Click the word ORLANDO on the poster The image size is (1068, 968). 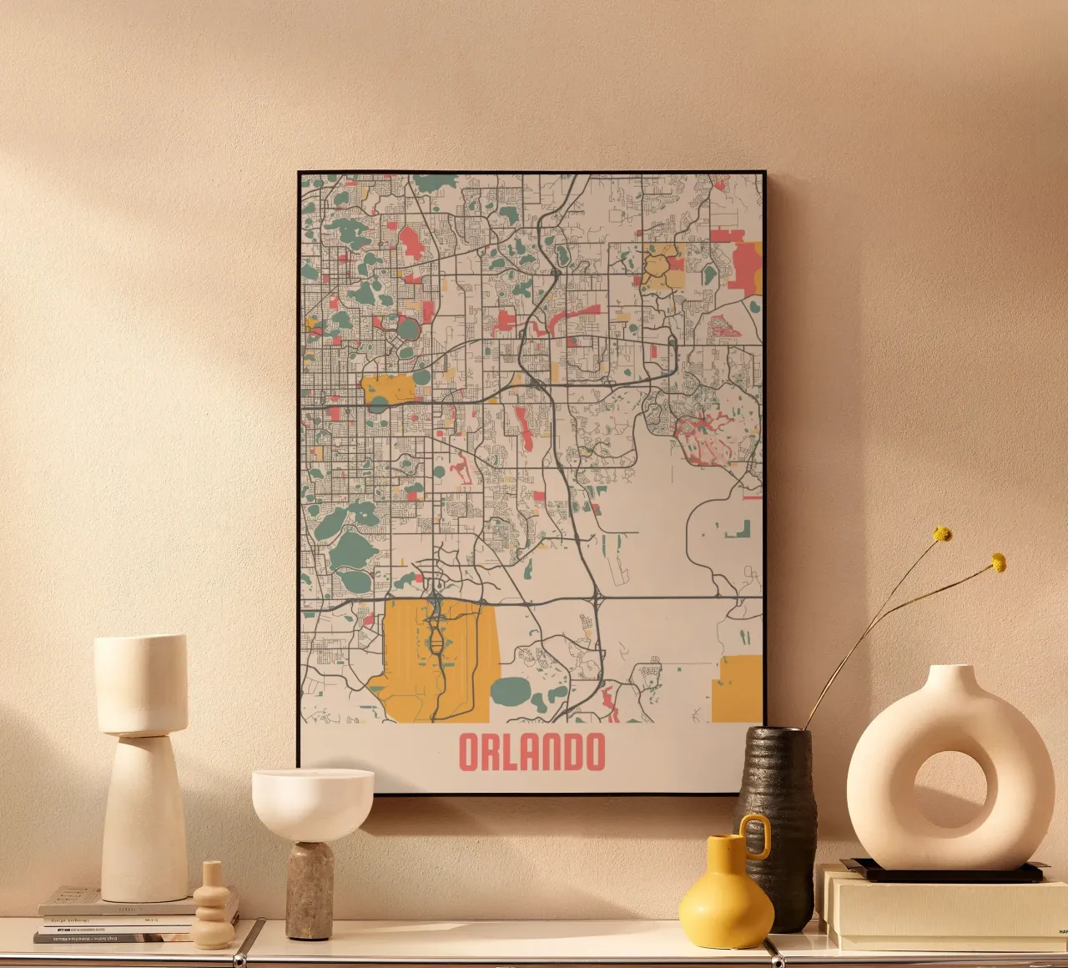[x=531, y=752]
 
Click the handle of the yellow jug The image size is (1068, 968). [x=757, y=835]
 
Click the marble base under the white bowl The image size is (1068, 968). [x=310, y=890]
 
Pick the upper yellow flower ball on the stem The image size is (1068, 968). [x=942, y=534]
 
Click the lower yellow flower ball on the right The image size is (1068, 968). [x=998, y=562]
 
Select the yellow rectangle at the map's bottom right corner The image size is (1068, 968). [x=738, y=689]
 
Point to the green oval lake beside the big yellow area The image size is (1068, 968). [x=510, y=691]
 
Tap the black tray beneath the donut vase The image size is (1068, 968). [x=943, y=872]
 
